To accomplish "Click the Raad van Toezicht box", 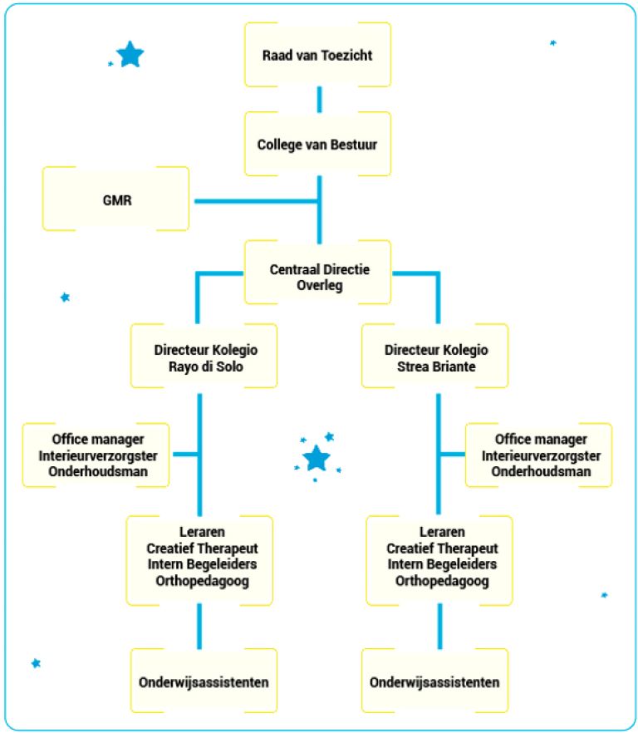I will tap(317, 55).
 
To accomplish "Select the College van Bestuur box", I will tap(317, 145).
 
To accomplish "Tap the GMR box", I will tap(115, 199).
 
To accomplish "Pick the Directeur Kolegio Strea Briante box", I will tap(436, 358).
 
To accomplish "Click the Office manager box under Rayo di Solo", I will tap(96, 455).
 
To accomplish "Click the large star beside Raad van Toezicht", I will tap(130, 55).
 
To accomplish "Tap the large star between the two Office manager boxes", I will tap(316, 458).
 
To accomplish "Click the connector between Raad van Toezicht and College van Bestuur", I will tap(318, 100).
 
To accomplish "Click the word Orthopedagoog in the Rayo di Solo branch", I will tap(202, 581).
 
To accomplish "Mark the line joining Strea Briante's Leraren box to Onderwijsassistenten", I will tap(439, 625).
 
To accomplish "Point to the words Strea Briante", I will tap(436, 366).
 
